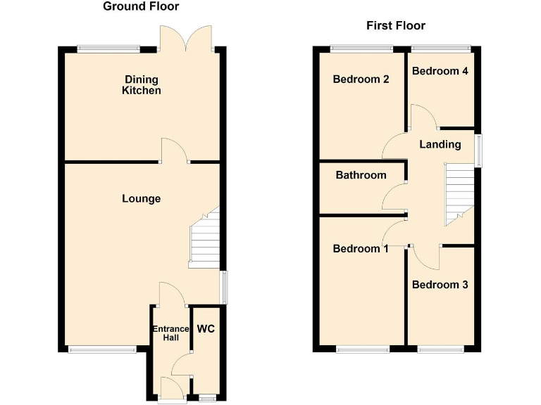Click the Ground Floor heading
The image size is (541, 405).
pos(141,7)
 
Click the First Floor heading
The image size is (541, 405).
pos(396,26)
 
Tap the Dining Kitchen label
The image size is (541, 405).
pos(142,85)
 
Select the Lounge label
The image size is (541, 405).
pos(141,199)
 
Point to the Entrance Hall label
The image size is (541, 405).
pos(170,333)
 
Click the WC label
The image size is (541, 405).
pos(206,329)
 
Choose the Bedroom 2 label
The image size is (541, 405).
pos(361,79)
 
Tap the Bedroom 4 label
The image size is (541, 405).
pos(440,71)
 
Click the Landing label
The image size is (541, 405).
pos(440,145)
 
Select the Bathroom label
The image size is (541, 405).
pos(361,175)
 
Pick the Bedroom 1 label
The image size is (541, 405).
pos(361,249)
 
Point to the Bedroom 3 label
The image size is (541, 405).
pos(440,285)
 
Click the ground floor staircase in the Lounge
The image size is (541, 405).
pos(205,239)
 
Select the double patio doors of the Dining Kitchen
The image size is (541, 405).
pos(185,39)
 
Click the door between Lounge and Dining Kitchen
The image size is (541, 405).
pos(175,151)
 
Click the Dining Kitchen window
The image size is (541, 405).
pos(108,49)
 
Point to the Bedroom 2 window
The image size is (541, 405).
pos(361,49)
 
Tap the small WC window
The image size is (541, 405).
pos(206,398)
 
